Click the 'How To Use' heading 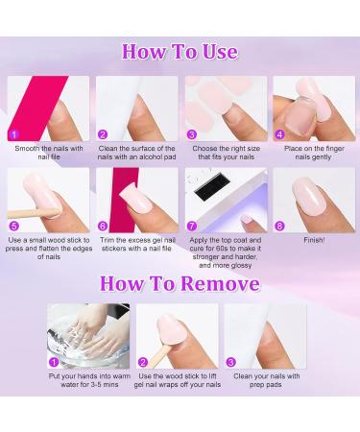click(x=180, y=51)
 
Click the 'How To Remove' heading click(x=180, y=283)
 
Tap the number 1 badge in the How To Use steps click(x=14, y=134)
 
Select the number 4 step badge click(x=279, y=134)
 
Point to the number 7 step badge click(x=191, y=226)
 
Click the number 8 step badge click(x=279, y=226)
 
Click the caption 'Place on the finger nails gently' click(x=314, y=154)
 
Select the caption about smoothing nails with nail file click(x=50, y=154)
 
